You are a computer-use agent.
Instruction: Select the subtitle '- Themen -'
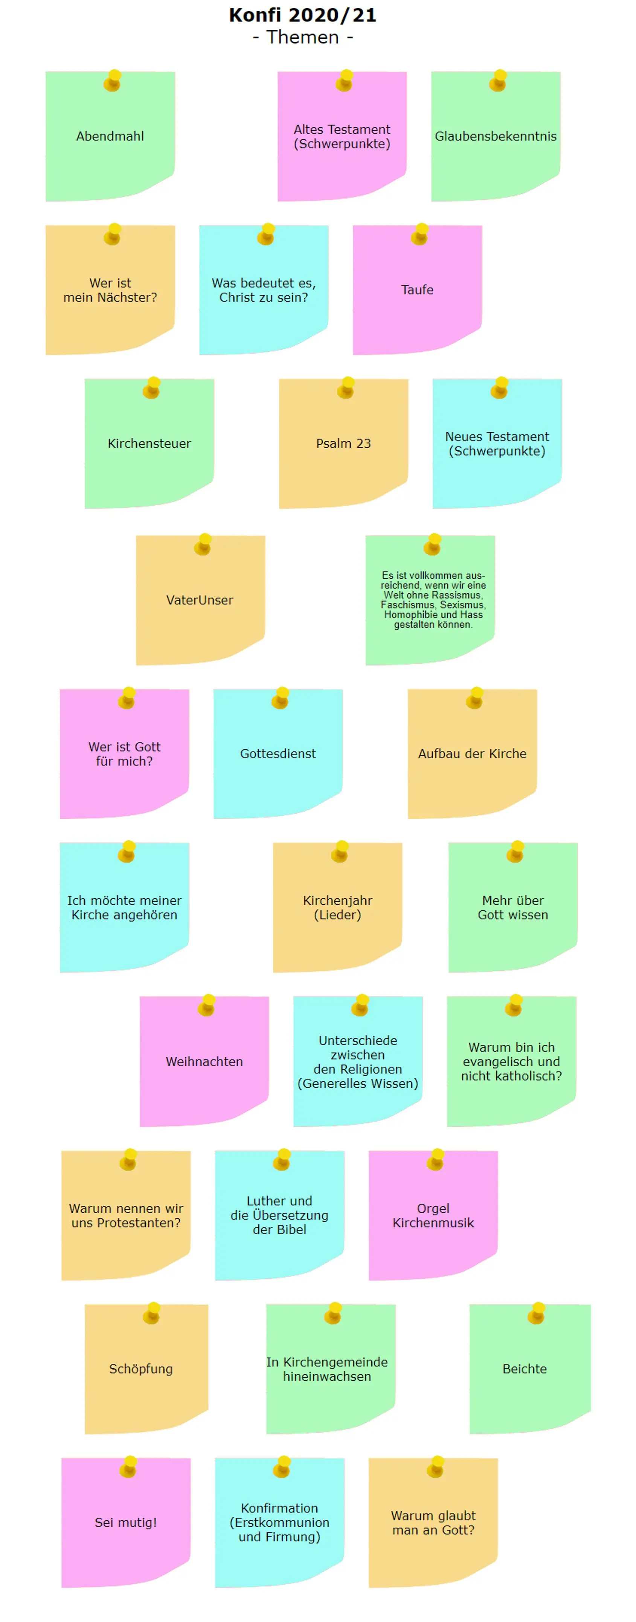pyautogui.click(x=302, y=37)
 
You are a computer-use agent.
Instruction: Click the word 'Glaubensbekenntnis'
pyautogui.click(x=496, y=136)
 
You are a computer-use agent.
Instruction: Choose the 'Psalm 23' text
pyautogui.click(x=343, y=443)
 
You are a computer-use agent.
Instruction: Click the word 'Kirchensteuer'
pyautogui.click(x=149, y=443)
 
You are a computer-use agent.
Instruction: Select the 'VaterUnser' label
pyautogui.click(x=200, y=600)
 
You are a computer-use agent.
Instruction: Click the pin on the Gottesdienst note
pyautogui.click(x=280, y=698)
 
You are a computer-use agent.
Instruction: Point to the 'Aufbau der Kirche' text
pyautogui.click(x=472, y=754)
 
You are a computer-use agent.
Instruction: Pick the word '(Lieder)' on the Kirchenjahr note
pyautogui.click(x=337, y=915)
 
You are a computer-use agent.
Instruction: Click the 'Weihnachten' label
pyautogui.click(x=204, y=1062)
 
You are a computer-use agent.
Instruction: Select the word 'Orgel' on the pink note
pyautogui.click(x=433, y=1208)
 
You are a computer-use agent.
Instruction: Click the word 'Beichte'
pyautogui.click(x=525, y=1369)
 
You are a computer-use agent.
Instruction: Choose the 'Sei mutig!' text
pyautogui.click(x=126, y=1523)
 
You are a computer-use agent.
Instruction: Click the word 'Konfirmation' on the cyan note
pyautogui.click(x=279, y=1508)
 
